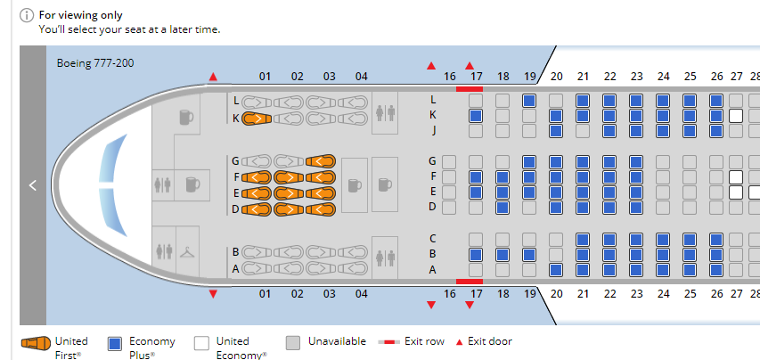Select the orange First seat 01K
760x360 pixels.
(x=256, y=119)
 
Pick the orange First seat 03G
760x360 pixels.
(x=321, y=161)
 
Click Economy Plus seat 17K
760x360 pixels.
(x=476, y=116)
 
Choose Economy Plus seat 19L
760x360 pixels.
(x=529, y=101)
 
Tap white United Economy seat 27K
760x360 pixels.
(x=736, y=116)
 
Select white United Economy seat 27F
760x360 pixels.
(x=736, y=176)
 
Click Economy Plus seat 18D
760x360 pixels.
(x=503, y=207)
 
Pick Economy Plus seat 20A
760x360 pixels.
(x=556, y=269)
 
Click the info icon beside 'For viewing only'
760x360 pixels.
(x=26, y=15)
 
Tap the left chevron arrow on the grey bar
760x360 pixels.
(x=32, y=185)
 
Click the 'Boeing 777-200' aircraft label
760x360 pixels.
(x=95, y=63)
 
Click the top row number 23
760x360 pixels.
(x=636, y=77)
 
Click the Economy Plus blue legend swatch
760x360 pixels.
(x=114, y=343)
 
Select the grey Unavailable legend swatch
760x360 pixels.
(x=293, y=343)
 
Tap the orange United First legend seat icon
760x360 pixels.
(x=36, y=343)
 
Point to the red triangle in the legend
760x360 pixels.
(x=460, y=341)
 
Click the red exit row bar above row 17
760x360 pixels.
(x=469, y=88)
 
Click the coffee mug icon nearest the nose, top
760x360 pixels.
(x=185, y=117)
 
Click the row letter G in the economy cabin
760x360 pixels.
(x=433, y=161)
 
